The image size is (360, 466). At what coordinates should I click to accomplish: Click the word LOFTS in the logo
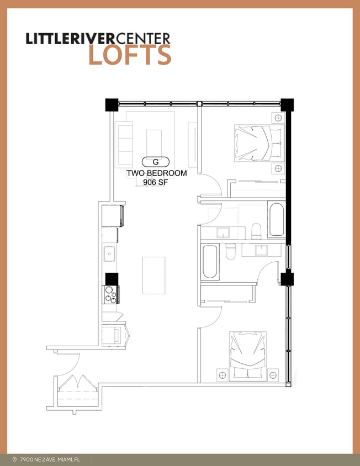(130, 55)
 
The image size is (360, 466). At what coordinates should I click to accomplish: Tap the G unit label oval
(155, 162)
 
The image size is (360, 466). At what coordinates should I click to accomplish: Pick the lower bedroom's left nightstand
(223, 375)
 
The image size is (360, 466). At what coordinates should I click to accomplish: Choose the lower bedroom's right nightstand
(273, 375)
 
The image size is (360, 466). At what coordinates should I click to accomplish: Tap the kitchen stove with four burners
(112, 294)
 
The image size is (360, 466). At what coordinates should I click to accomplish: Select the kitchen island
(153, 275)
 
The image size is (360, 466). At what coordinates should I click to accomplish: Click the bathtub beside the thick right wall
(276, 219)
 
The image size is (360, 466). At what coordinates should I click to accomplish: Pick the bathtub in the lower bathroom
(210, 262)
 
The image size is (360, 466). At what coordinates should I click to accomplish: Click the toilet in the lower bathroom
(231, 252)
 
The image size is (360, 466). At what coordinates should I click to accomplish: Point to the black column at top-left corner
(112, 104)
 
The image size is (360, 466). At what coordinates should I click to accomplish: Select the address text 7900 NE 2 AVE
(50, 459)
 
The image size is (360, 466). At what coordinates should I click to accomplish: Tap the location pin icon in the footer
(14, 459)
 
